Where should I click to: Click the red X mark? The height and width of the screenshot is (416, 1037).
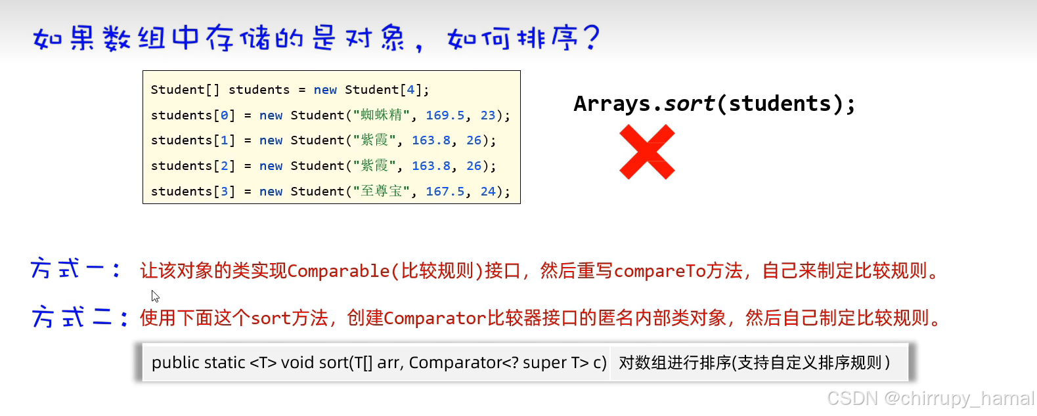coord(647,152)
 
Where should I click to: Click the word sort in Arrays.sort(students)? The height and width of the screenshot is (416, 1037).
coord(688,104)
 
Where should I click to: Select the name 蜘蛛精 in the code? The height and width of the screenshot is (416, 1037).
coord(381,115)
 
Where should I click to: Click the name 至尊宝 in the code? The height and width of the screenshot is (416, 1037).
coord(381,191)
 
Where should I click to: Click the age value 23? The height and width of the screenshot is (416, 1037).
coord(488,115)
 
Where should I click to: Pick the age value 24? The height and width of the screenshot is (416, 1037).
coord(488,192)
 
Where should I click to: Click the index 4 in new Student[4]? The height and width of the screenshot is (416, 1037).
coord(410,90)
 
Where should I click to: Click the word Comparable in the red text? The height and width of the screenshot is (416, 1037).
coord(338,271)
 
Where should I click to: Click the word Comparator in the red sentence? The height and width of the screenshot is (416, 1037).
coord(435,319)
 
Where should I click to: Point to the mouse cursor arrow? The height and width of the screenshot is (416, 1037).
coord(154,295)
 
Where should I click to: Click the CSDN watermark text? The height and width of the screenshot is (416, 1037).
coord(930,398)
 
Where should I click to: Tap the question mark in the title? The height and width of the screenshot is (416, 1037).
coord(591,37)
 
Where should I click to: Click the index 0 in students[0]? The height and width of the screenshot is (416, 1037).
coord(224,115)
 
